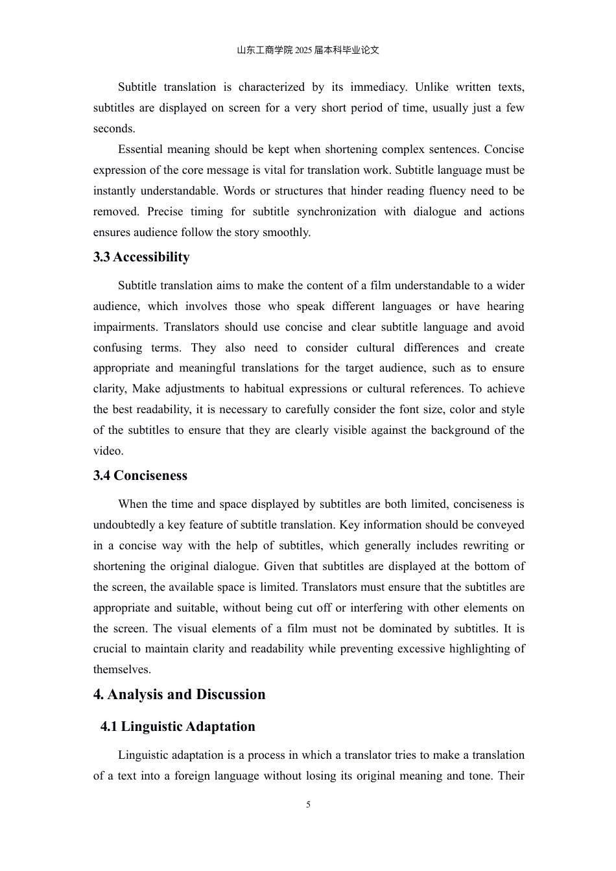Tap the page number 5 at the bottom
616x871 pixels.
click(308, 805)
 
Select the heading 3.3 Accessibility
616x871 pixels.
click(141, 257)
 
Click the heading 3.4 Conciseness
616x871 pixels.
click(140, 475)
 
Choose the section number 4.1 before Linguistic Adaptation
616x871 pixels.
click(109, 726)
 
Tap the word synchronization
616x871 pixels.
click(337, 211)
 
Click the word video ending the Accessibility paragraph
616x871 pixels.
click(108, 451)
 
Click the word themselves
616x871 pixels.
click(121, 669)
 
